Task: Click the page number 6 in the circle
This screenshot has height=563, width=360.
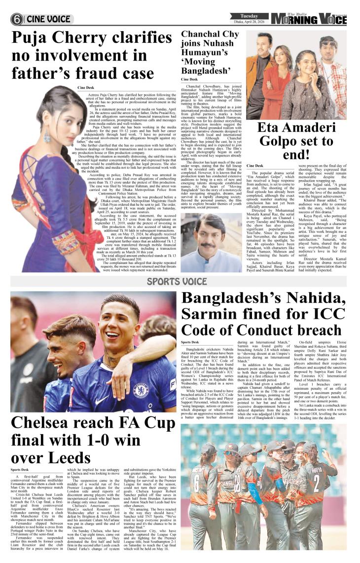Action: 17,19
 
